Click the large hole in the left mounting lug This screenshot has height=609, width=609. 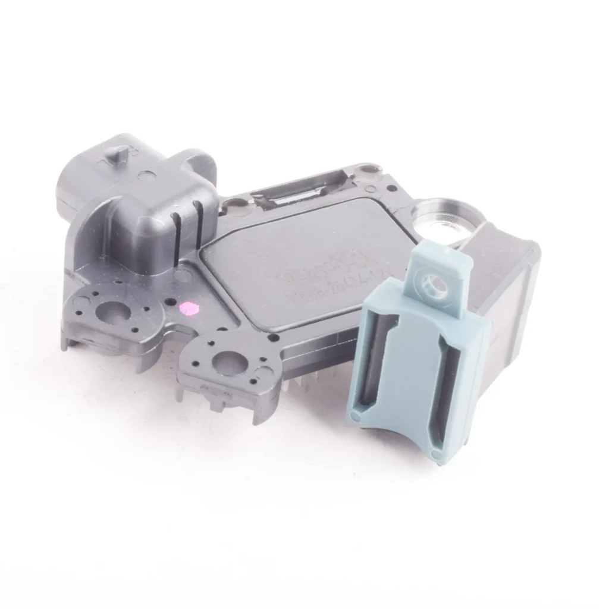point(111,310)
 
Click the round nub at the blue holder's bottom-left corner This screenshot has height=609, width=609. point(356,411)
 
